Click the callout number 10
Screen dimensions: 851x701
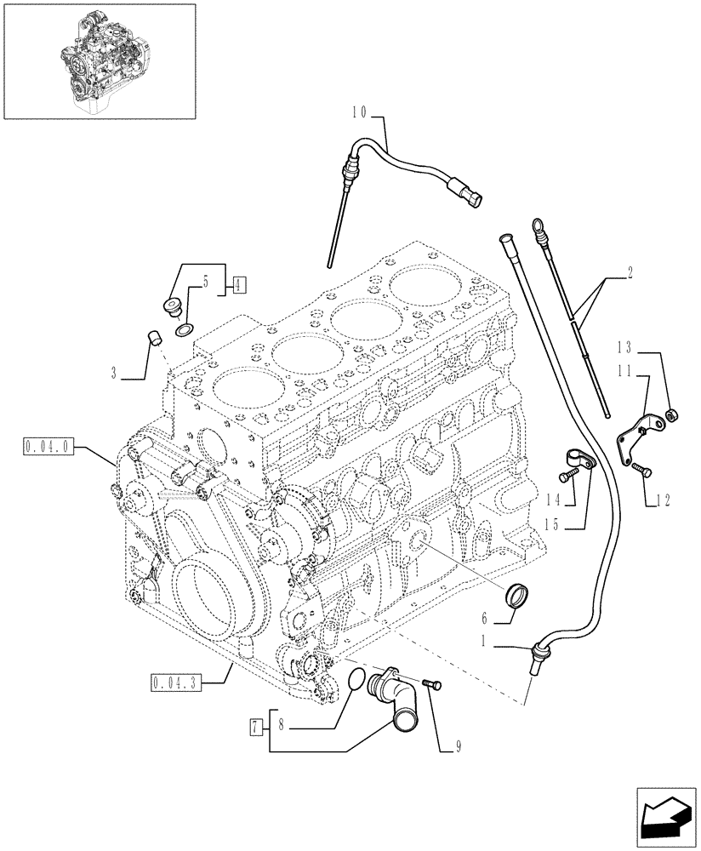(358, 111)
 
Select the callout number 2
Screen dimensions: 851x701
(629, 275)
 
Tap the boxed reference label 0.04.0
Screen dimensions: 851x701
(51, 444)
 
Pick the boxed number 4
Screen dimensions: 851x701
(238, 286)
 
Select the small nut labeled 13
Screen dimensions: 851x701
(672, 414)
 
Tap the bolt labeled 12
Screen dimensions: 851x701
(641, 468)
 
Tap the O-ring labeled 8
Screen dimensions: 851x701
(358, 677)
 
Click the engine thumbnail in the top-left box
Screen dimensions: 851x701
(99, 60)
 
